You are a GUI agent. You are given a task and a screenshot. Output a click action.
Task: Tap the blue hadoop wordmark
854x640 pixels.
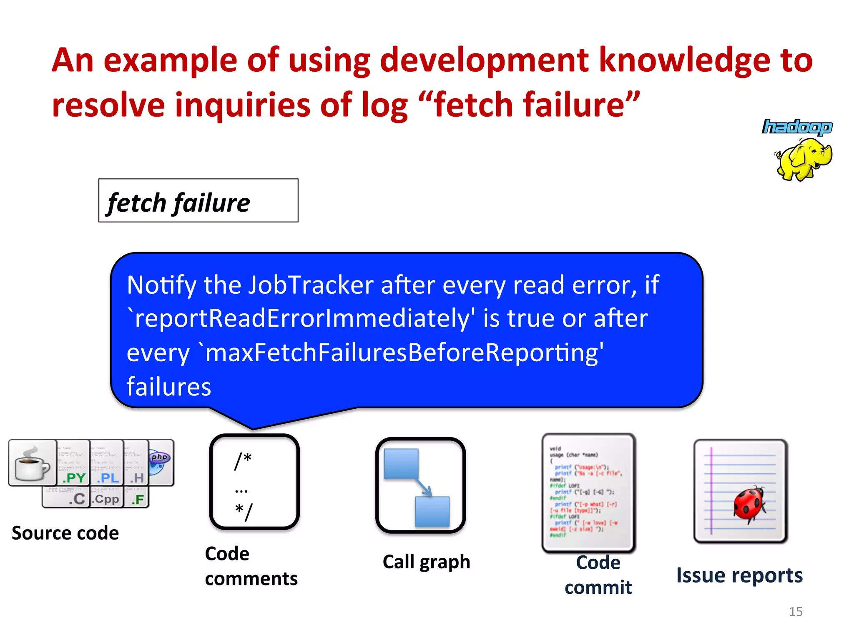(x=797, y=127)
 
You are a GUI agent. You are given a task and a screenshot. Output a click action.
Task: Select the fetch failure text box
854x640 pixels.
(x=198, y=201)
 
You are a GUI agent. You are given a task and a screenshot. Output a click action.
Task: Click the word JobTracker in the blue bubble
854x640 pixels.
(x=311, y=285)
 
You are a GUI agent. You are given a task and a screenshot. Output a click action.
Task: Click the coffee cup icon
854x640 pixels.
(x=32, y=463)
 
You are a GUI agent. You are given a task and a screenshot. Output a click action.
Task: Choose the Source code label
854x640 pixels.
(x=65, y=533)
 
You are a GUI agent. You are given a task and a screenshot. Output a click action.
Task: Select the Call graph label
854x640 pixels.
(x=426, y=562)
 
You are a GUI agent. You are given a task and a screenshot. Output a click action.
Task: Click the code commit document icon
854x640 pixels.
(x=588, y=492)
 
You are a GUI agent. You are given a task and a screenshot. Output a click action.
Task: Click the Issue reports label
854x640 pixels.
(x=739, y=576)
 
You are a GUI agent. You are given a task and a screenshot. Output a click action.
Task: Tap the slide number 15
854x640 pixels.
(x=795, y=612)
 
